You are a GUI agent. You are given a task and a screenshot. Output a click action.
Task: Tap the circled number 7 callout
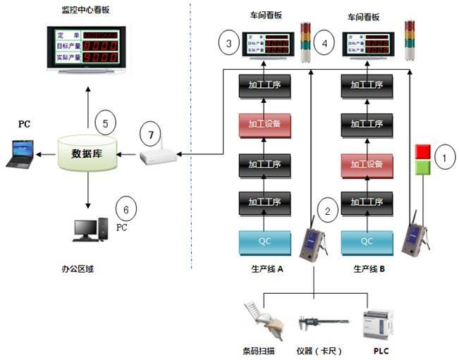(x=151, y=132)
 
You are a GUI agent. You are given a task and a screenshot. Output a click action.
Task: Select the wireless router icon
(x=157, y=156)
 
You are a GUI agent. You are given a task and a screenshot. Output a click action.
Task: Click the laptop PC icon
(x=19, y=154)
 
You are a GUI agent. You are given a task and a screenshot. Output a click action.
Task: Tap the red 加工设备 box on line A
(x=264, y=124)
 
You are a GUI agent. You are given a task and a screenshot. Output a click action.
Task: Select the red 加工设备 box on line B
(x=367, y=164)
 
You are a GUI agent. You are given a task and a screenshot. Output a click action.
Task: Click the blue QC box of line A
(x=264, y=240)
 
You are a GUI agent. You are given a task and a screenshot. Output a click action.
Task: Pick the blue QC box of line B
(x=367, y=240)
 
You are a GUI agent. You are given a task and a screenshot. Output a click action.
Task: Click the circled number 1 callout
(x=444, y=158)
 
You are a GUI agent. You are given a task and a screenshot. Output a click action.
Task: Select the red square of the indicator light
(x=423, y=151)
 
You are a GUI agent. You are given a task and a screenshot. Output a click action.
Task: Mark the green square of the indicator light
(x=423, y=167)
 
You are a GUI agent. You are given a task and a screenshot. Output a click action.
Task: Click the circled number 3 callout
(x=228, y=44)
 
